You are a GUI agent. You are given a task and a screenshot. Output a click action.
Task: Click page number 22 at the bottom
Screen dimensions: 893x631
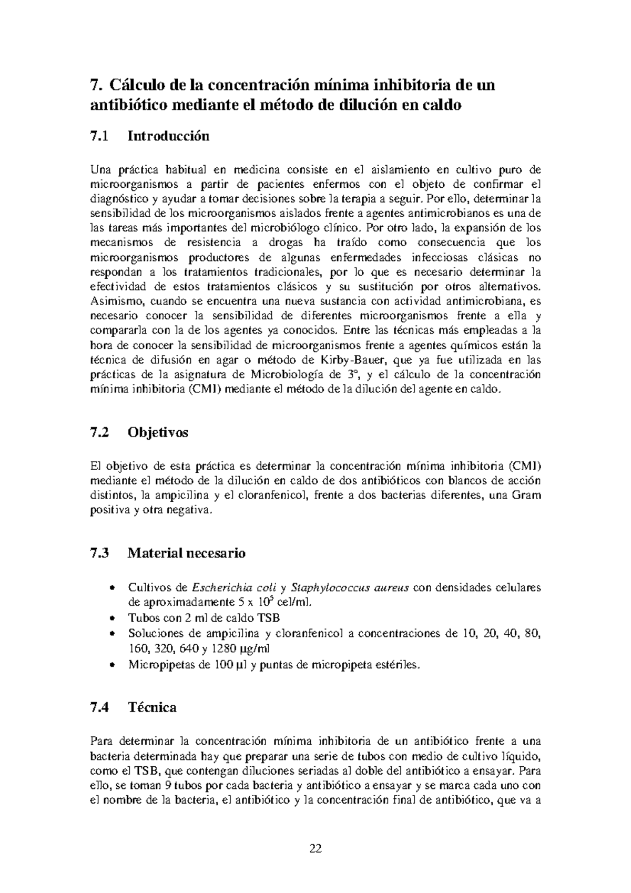click(x=315, y=849)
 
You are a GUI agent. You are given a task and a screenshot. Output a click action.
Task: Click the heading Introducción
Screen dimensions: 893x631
click(x=168, y=136)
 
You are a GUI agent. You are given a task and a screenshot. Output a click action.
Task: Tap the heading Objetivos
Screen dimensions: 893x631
click(x=158, y=433)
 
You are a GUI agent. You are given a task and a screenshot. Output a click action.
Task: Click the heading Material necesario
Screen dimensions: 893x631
click(x=187, y=553)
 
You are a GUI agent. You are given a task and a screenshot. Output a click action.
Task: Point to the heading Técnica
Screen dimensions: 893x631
click(x=152, y=707)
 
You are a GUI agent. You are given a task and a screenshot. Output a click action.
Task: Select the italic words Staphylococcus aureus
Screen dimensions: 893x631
click(x=350, y=587)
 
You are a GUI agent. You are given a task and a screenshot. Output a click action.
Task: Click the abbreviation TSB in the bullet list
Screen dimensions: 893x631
click(x=269, y=618)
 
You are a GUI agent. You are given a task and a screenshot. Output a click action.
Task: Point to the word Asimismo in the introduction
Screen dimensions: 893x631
click(x=113, y=301)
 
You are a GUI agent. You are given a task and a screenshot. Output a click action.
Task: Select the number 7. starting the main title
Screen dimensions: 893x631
click(x=95, y=85)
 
